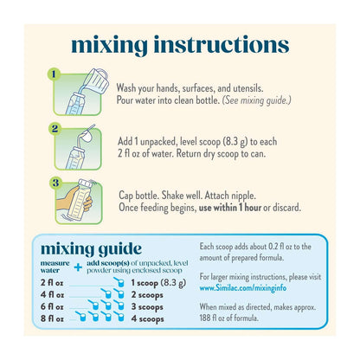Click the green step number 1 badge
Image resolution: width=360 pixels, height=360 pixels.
tap(54, 74)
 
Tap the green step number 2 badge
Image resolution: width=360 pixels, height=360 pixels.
tap(55, 129)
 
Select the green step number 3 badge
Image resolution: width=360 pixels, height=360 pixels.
tap(55, 183)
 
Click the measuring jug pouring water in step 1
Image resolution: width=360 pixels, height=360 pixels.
tap(97, 80)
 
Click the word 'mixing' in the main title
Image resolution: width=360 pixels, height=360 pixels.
tap(109, 45)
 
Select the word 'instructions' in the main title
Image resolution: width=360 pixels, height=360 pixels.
tap(222, 45)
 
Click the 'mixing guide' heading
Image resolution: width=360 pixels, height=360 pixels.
tap(91, 249)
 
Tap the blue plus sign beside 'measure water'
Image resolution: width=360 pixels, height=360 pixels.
tap(78, 267)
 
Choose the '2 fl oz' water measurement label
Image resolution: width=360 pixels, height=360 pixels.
tap(52, 283)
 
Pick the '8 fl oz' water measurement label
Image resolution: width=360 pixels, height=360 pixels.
tap(52, 318)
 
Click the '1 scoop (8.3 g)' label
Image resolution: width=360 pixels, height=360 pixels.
tap(158, 283)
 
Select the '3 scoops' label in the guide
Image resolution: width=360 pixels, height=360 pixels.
tap(147, 307)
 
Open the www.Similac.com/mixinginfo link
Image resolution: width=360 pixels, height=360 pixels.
tap(243, 288)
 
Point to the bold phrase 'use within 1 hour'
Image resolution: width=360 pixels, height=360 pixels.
tap(230, 208)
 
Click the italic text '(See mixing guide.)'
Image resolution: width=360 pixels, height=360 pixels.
tap(256, 100)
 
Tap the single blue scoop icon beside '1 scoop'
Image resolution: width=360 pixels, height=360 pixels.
tap(119, 282)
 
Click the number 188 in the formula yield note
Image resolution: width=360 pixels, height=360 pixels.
tap(204, 318)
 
